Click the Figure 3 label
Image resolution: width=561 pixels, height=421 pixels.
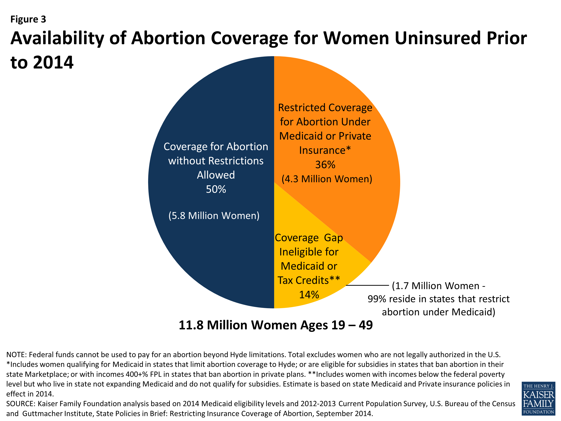28,19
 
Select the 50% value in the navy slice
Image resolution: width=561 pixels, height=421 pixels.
216,189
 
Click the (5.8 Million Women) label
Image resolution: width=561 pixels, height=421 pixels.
214,216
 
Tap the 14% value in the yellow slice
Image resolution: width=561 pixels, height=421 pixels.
309,295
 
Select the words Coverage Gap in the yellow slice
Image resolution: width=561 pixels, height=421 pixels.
309,238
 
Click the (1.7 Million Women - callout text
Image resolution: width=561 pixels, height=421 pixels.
438,286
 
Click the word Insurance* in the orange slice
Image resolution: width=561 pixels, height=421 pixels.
325,150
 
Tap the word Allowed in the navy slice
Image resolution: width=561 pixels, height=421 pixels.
216,175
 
